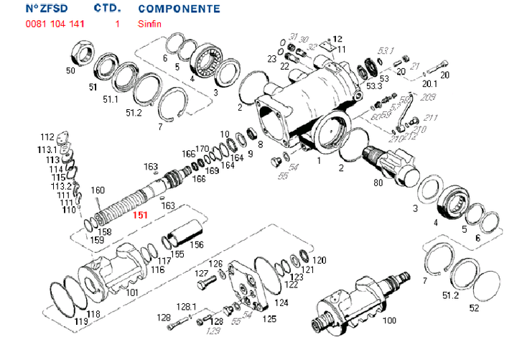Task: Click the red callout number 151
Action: (139, 214)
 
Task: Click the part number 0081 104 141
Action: (55, 24)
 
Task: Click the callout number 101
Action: (132, 292)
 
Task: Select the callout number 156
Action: (195, 244)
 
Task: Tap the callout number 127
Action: (201, 274)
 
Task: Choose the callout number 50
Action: (70, 70)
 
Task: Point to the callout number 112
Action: (47, 137)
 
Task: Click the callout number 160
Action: (98, 190)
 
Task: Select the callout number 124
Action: (281, 303)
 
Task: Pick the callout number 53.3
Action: (374, 86)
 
